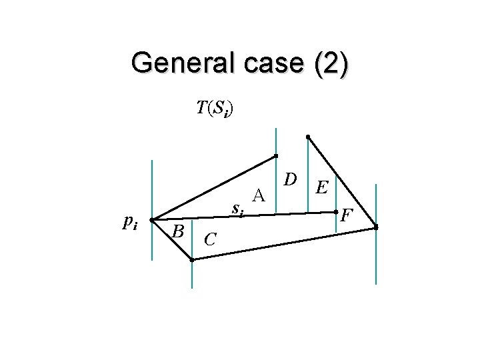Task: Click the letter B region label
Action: (177, 231)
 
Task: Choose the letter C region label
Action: (209, 238)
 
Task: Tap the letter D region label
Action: (289, 179)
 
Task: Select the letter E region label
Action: (321, 189)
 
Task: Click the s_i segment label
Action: (237, 209)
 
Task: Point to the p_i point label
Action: (131, 223)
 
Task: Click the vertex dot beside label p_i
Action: (152, 219)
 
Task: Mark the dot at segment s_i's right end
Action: (336, 213)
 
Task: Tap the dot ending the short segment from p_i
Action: (191, 260)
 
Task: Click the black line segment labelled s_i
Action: (280, 215)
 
